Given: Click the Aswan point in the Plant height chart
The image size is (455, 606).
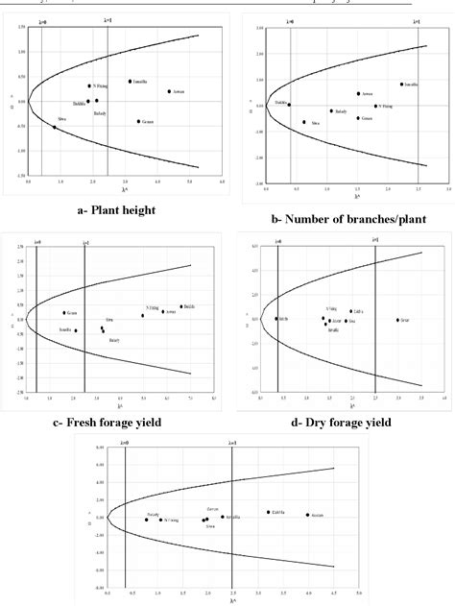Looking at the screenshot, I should pyautogui.click(x=169, y=92).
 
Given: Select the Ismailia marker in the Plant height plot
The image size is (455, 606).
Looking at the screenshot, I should pyautogui.click(x=130, y=82).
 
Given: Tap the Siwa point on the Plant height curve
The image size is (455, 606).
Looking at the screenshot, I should pyautogui.click(x=55, y=127).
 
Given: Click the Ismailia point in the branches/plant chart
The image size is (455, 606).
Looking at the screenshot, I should pyautogui.click(x=401, y=85).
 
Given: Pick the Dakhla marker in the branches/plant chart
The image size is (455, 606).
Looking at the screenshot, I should pyautogui.click(x=289, y=105).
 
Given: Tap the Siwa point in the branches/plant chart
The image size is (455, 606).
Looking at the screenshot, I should pyautogui.click(x=304, y=122).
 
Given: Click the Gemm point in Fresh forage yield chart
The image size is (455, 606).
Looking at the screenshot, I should pyautogui.click(x=64, y=313).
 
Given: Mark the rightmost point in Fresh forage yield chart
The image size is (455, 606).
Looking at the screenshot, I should pyautogui.click(x=180, y=307).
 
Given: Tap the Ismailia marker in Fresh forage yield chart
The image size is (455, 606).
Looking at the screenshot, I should pyautogui.click(x=76, y=330).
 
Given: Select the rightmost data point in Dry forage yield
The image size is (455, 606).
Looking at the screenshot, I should pyautogui.click(x=397, y=320).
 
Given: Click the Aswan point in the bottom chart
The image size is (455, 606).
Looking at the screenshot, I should pyautogui.click(x=307, y=515).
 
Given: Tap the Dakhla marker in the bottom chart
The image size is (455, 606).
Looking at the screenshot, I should pyautogui.click(x=269, y=512).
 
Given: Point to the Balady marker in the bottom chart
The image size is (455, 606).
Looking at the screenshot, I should pyautogui.click(x=147, y=520).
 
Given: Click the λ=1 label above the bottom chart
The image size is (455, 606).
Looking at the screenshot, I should pyautogui.click(x=231, y=443).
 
